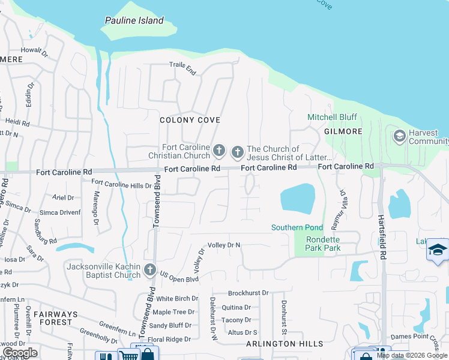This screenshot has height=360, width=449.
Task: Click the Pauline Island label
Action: coord(134,20)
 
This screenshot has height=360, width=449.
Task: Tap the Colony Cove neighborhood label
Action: coord(185,120)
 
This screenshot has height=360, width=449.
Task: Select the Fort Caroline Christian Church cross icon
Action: coord(219,149)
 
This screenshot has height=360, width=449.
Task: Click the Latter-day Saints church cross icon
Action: coord(237,152)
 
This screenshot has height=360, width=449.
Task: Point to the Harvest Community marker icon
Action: coord(399,137)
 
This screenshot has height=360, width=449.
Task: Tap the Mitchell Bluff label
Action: coord(332,117)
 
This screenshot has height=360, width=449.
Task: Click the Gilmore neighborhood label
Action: coord(343,131)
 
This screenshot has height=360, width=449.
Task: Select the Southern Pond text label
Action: coord(297,227)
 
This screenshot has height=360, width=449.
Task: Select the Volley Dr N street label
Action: coord(224,245)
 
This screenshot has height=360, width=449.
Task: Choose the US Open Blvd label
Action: coord(179,277)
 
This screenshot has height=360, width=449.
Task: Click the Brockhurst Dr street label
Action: coord(248,293)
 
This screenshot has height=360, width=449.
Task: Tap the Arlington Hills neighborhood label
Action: coord(285,344)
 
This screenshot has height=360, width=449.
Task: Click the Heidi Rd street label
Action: coord(18,122)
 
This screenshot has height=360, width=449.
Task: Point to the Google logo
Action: coord(20,353)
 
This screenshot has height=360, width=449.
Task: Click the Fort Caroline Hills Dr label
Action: coord(121,183)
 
